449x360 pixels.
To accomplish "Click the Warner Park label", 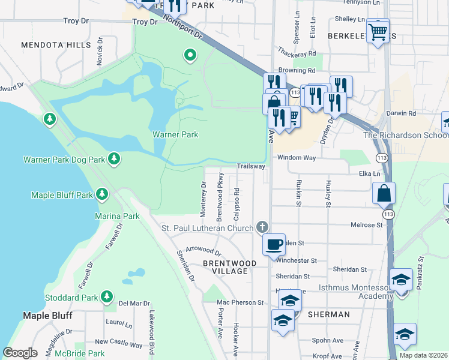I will coord(175,134).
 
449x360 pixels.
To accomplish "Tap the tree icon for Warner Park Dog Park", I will coord(113,159).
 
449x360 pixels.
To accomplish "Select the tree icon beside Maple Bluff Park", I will coord(102,194).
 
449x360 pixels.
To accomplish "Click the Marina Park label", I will coord(117,216).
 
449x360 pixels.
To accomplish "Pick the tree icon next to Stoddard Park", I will coord(107,296).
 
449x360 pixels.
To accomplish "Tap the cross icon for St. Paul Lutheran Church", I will coord(261,227).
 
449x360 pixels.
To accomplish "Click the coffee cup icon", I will coord(274,244).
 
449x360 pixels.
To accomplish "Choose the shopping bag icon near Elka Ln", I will coord(384,194).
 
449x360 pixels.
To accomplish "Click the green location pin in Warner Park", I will coord(190,56).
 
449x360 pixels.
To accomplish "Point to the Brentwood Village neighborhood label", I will coord(229,268).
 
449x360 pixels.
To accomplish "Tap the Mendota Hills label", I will coord(56,45).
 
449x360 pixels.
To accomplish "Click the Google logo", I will coord(20,353).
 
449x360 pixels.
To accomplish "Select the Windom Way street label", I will coord(296,157).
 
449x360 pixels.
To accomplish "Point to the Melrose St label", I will coord(367,225).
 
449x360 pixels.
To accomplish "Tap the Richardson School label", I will coord(405,134).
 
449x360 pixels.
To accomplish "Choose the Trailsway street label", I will coord(251,166).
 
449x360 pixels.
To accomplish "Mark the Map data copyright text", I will coord(423,355).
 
